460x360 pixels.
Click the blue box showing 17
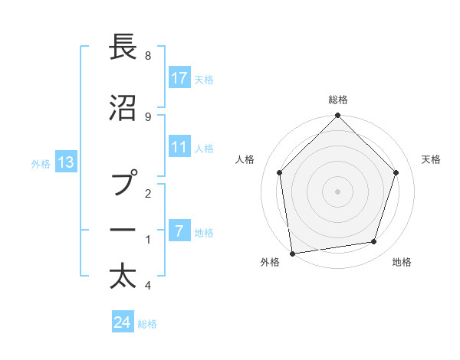(x=179, y=78)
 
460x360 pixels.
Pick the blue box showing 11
(x=179, y=148)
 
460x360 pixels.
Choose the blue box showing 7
(x=179, y=231)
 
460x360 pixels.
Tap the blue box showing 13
(x=66, y=162)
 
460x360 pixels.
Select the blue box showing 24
(x=123, y=322)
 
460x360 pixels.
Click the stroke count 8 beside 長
(x=148, y=56)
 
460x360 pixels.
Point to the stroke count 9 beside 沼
(x=148, y=116)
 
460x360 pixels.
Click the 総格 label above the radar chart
(x=337, y=100)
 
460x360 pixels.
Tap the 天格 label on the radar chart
(x=431, y=159)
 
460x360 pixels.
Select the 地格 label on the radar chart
(x=402, y=262)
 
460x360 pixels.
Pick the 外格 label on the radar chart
(x=270, y=262)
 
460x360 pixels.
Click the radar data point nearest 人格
(x=280, y=173)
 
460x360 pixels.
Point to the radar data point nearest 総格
(x=337, y=116)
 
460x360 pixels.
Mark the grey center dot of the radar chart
(x=337, y=191)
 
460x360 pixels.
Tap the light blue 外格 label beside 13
(x=41, y=162)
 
